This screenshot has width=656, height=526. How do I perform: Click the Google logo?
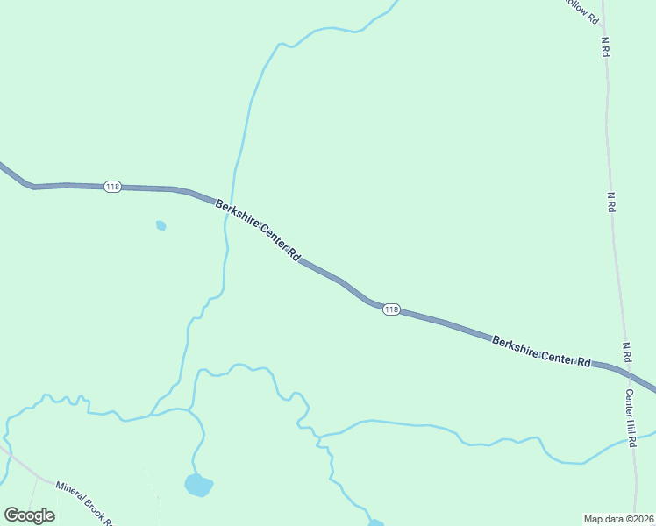pyautogui.click(x=29, y=515)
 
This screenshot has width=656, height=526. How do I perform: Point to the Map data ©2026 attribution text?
pyautogui.click(x=618, y=518)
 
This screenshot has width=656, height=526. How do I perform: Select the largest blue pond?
pyautogui.click(x=198, y=485)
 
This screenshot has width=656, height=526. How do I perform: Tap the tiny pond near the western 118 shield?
pyautogui.click(x=160, y=225)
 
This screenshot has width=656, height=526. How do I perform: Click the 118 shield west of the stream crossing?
pyautogui.click(x=112, y=187)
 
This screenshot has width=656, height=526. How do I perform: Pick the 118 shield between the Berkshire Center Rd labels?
pyautogui.click(x=391, y=309)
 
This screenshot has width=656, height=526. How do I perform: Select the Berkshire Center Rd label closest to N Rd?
pyautogui.click(x=541, y=351)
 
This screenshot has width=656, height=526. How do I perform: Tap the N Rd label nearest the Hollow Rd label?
pyautogui.click(x=605, y=47)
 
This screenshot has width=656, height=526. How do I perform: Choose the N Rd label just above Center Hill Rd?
pyautogui.click(x=627, y=353)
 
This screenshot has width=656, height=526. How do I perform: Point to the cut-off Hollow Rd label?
pyautogui.click(x=581, y=11)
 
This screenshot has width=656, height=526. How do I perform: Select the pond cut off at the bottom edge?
pyautogui.click(x=375, y=523)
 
